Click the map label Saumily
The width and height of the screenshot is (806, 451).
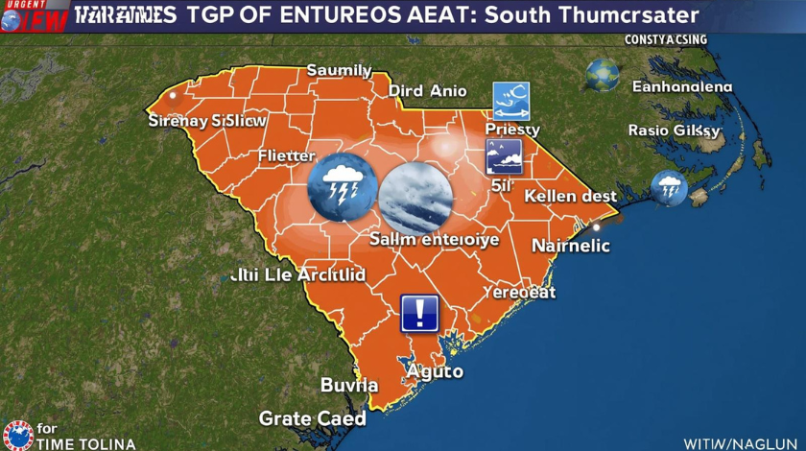[339, 70]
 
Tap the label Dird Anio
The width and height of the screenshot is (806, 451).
[427, 91]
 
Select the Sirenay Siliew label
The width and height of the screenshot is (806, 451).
[207, 122]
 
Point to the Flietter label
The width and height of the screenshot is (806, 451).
[286, 155]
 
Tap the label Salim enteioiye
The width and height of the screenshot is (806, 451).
[434, 240]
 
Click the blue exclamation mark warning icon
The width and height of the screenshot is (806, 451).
[419, 312]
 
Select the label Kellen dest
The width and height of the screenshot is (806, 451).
[571, 196]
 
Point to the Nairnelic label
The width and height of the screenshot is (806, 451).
[570, 245]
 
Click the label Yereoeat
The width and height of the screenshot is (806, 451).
[518, 292]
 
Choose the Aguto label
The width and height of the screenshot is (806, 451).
[434, 371]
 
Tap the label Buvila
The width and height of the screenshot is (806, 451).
[348, 386]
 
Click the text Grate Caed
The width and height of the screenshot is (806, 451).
[312, 419]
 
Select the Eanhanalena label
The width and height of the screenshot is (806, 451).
[681, 87]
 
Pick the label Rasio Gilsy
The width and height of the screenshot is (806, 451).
[674, 130]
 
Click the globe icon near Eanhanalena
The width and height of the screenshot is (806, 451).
[604, 75]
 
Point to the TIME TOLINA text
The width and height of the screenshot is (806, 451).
[85, 443]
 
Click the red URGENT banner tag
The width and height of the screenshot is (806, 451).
[20, 5]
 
